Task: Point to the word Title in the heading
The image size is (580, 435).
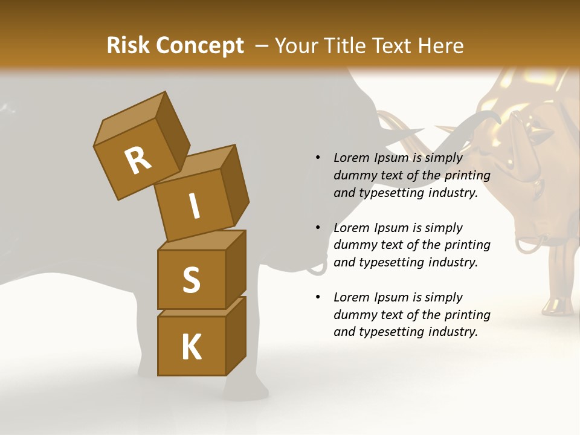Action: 347,46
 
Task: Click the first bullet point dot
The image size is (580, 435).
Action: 318,158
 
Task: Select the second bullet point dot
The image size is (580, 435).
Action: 318,228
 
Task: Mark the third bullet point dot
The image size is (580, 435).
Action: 318,297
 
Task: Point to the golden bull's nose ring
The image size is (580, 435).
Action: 529,245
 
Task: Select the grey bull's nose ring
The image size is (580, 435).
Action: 317,266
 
